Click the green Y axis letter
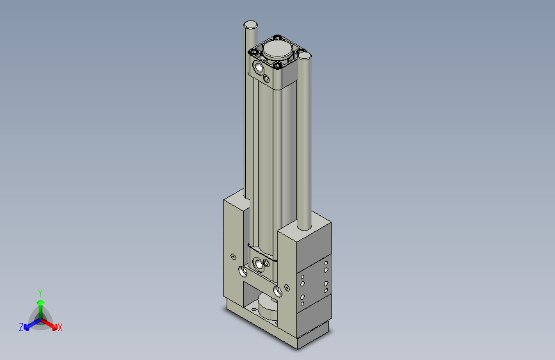[x=40, y=291]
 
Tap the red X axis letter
[x=60, y=328]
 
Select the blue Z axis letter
[x=21, y=327]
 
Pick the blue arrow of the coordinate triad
[x=29, y=325]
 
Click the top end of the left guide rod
[x=251, y=24]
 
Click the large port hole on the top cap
[x=259, y=67]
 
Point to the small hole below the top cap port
[x=267, y=79]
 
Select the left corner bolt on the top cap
[x=254, y=51]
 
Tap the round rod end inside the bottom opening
[x=267, y=307]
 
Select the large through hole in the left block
[x=243, y=271]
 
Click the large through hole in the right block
[x=278, y=291]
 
